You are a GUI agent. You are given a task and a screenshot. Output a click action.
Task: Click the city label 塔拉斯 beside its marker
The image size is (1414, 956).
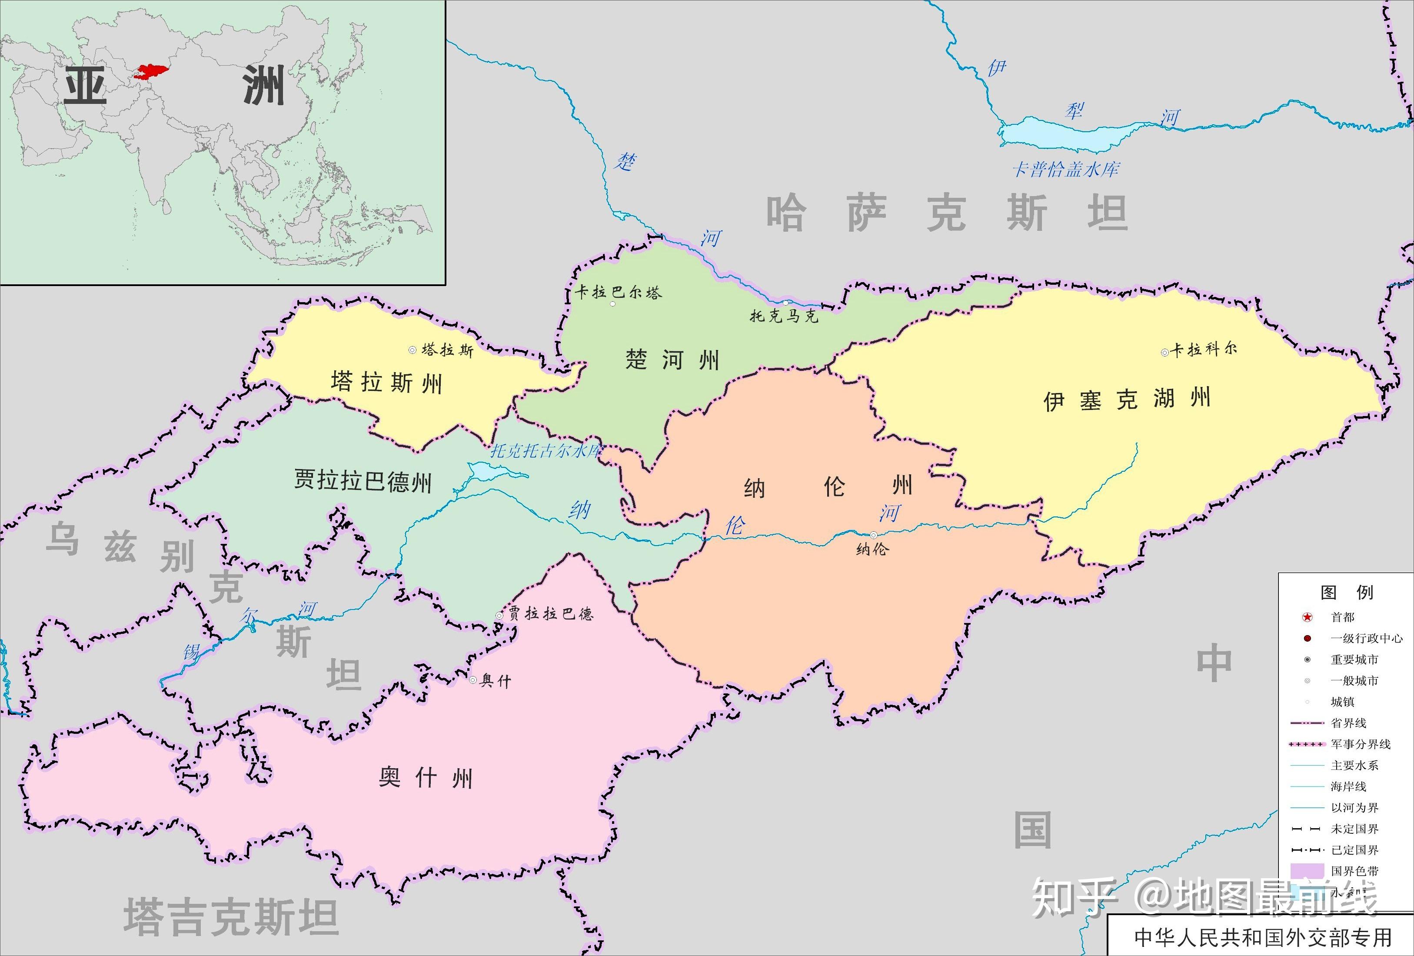(447, 350)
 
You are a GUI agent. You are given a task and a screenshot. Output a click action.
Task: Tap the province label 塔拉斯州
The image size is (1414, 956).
(386, 383)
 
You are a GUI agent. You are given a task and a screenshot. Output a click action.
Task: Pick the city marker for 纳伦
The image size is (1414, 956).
(873, 535)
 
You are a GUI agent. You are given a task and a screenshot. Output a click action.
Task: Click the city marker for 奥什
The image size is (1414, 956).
(473, 680)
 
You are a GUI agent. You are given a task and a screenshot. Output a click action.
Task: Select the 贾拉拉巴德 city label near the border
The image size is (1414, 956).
(551, 613)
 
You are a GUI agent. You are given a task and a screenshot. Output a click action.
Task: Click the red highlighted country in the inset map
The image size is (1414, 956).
(152, 72)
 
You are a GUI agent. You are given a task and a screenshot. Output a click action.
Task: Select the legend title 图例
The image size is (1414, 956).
(1347, 592)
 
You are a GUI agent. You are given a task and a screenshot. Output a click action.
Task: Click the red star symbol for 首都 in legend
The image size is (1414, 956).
(1307, 617)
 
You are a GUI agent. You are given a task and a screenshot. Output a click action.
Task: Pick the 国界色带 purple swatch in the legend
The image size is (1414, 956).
(1307, 871)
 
